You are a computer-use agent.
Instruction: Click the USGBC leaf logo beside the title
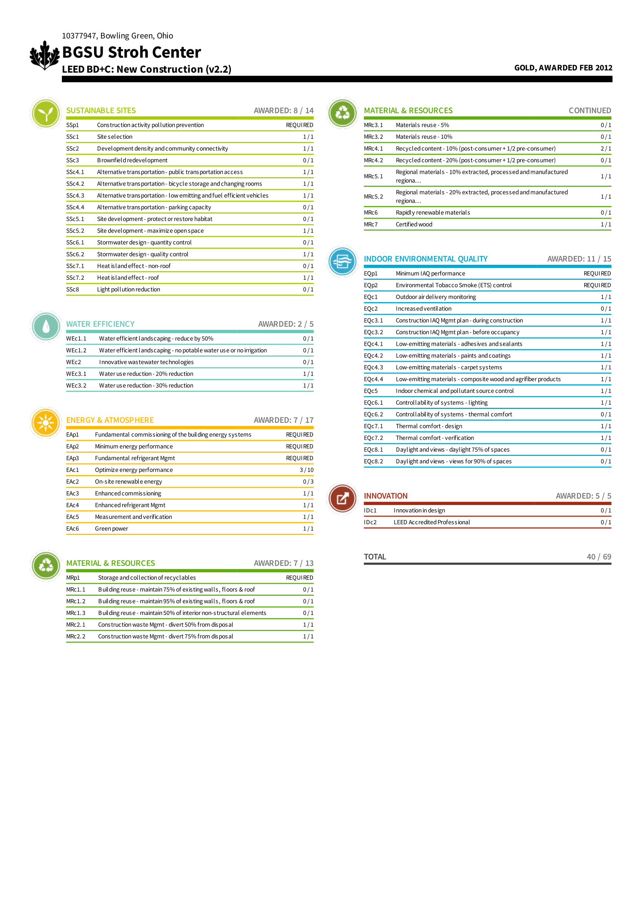coord(45,55)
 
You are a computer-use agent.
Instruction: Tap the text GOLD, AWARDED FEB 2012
coord(563,68)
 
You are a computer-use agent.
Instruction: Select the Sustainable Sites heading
coord(101,110)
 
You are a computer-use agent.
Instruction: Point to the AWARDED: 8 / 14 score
coord(283,110)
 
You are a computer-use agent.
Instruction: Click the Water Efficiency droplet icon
coord(46,326)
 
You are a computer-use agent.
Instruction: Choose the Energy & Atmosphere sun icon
coord(46,422)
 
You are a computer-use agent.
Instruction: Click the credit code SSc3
coord(72,160)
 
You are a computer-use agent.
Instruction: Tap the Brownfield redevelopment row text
coord(132,160)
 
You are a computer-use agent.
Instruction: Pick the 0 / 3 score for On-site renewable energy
coord(308,482)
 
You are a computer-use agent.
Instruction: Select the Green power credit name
coord(111,528)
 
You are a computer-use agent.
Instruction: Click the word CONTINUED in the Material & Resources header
coord(590,110)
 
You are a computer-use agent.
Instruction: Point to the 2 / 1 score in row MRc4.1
coord(606,148)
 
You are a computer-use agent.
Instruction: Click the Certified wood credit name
coord(414,224)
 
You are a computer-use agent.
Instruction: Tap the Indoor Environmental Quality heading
coord(426,259)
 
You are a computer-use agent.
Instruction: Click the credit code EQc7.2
coord(373,438)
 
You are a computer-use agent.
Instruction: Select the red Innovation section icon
coord(342,498)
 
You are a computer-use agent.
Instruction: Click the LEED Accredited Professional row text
coord(431,522)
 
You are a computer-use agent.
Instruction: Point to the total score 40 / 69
coord(599,557)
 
